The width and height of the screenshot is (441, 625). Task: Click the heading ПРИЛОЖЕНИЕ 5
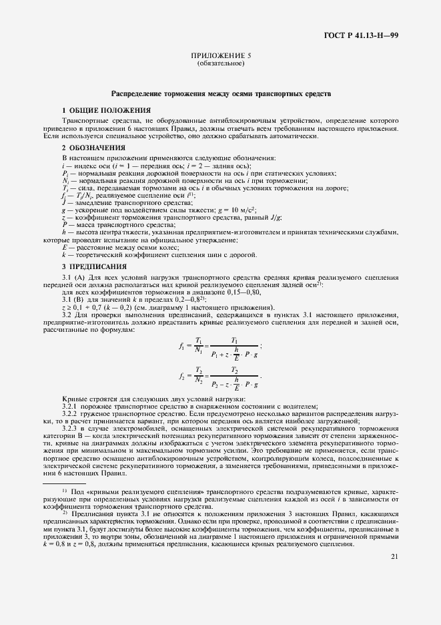click(x=220, y=57)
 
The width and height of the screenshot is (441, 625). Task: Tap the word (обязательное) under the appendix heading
click(x=220, y=65)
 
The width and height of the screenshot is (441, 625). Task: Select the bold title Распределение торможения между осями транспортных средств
click(x=220, y=95)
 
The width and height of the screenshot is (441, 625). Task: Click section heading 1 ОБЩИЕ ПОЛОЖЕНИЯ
click(x=106, y=110)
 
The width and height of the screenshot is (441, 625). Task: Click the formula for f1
click(x=219, y=345)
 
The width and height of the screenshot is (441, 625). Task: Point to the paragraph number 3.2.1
click(x=69, y=406)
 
